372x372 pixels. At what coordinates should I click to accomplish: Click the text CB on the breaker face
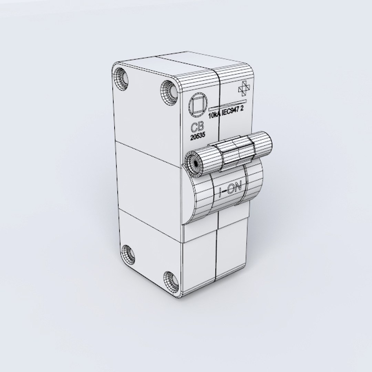click(x=197, y=127)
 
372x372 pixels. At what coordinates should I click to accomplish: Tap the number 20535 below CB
click(x=197, y=136)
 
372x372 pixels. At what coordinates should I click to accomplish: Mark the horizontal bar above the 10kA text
click(x=228, y=104)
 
